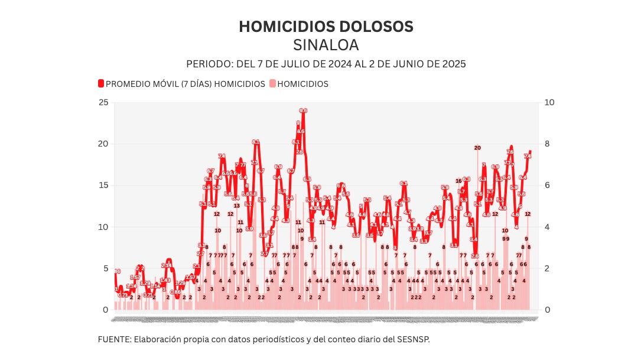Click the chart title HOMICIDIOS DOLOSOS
tap(326, 27)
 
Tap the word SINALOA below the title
tap(326, 45)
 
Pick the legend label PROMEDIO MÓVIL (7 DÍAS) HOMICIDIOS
tap(185, 84)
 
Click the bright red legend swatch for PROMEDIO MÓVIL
tap(101, 84)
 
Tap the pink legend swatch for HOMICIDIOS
tap(273, 84)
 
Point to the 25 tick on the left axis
tap(103, 102)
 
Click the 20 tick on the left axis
tap(103, 144)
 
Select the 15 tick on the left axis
tap(103, 185)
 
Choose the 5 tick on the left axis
tap(106, 268)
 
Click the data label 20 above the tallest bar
tap(477, 148)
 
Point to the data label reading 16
tap(458, 181)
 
